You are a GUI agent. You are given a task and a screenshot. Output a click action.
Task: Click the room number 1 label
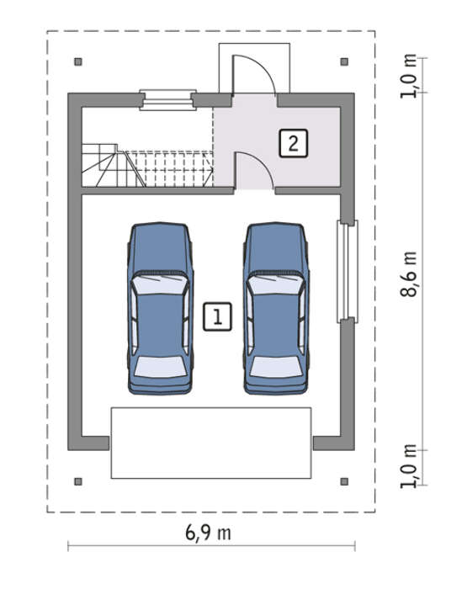pyautogui.click(x=217, y=316)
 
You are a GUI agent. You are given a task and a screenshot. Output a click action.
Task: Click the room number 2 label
pyautogui.click(x=293, y=143)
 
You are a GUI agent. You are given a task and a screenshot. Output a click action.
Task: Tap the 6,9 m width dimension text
pyautogui.click(x=208, y=533)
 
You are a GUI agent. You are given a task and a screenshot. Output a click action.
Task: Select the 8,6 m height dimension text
pyautogui.click(x=408, y=274)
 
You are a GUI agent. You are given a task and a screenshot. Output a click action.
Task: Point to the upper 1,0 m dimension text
pyautogui.click(x=408, y=77)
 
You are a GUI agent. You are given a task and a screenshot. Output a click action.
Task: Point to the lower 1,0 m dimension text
pyautogui.click(x=408, y=466)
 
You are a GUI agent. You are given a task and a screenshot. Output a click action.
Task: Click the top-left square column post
pyautogui.click(x=78, y=61)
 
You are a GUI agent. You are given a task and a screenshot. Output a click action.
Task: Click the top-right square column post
pyautogui.click(x=344, y=61)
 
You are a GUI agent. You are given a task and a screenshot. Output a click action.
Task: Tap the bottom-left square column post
pyautogui.click(x=78, y=481)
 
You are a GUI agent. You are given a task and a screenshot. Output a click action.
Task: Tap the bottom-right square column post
pyautogui.click(x=344, y=481)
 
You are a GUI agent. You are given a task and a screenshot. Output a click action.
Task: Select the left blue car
pyautogui.click(x=160, y=309)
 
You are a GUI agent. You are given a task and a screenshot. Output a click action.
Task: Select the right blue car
pyautogui.click(x=276, y=309)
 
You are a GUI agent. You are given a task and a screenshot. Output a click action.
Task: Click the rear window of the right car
pyautogui.click(x=276, y=367)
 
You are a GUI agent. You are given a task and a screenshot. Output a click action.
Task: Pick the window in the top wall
pyautogui.click(x=168, y=100)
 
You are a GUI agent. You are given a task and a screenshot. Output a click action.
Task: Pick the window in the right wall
pyautogui.click(x=348, y=272)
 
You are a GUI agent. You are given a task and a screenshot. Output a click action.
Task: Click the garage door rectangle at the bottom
pyautogui.click(x=211, y=443)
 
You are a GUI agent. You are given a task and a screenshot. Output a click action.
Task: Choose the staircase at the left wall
pyautogui.click(x=147, y=165)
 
